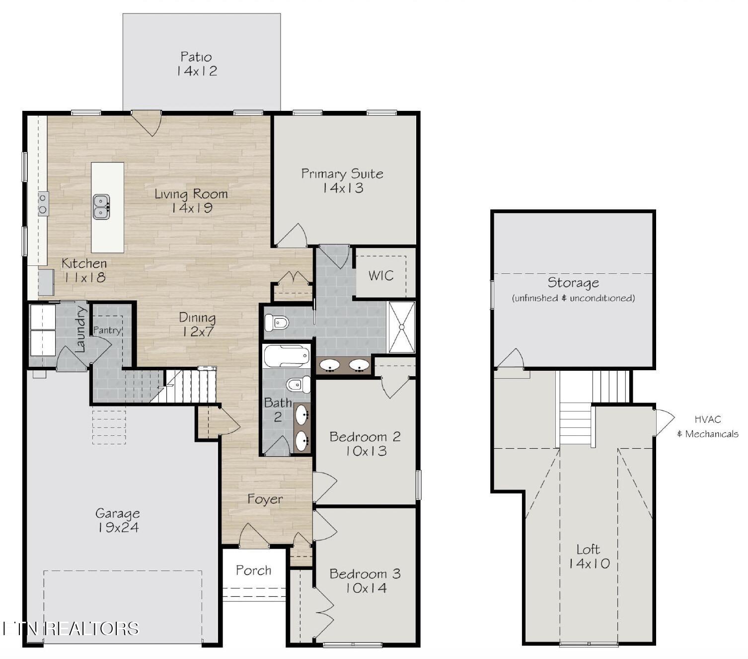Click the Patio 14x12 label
pos(197,64)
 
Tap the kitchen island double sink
pos(101,207)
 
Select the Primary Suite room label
pos(342,174)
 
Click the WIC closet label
pos(381,276)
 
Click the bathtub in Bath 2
pos(286,356)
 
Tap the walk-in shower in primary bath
pos(401,327)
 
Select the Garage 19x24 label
pos(118,520)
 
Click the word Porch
pos(253,571)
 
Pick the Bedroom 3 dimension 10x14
pos(366,588)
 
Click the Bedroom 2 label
pos(365,437)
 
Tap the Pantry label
pos(107,330)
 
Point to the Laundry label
pos(80,329)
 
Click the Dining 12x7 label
pos(197,325)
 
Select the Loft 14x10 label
pos(589,557)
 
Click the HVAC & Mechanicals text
pos(708,427)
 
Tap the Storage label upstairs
pos(573,283)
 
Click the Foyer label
pos(265,499)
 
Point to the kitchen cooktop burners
pos(43,204)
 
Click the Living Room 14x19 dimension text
pos(192,208)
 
